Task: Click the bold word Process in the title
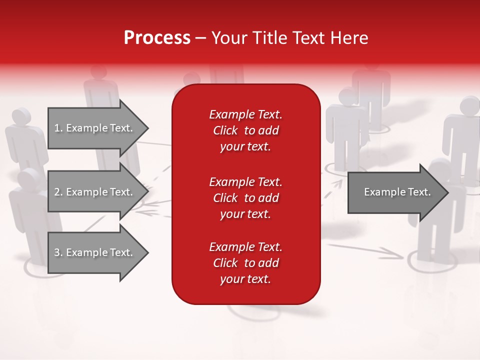pos(157,38)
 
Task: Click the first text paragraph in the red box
pos(245,130)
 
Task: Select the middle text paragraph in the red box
pos(245,198)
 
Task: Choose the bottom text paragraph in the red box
pos(245,263)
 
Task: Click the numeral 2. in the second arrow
pos(58,192)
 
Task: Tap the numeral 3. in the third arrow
pos(58,252)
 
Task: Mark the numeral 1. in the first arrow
pos(58,128)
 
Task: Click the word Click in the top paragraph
pos(225,130)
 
